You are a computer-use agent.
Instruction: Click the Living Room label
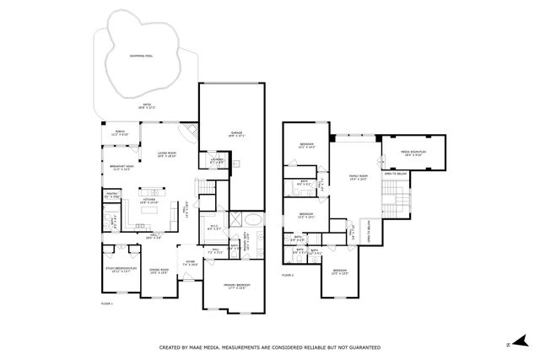click(x=165, y=154)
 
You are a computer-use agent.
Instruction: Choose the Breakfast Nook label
click(x=121, y=168)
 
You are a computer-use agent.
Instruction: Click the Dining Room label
click(x=159, y=271)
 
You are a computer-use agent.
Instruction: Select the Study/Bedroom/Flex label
click(x=121, y=270)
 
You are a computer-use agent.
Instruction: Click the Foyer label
click(x=191, y=263)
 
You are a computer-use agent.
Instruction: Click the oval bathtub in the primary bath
click(x=254, y=222)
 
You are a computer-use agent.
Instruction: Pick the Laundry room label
click(x=217, y=160)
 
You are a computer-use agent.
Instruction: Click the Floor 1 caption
click(x=107, y=301)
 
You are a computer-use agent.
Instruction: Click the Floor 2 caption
click(x=288, y=275)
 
